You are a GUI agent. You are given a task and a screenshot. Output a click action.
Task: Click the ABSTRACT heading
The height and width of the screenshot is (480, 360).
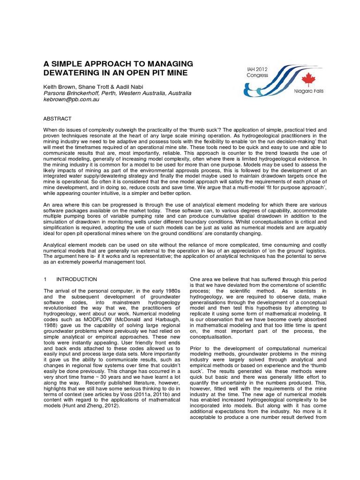[58, 119]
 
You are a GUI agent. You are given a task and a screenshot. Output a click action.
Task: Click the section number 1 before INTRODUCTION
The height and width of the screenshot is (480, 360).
[45, 279]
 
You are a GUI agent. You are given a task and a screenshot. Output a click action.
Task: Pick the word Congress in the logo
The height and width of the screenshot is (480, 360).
[258, 75]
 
